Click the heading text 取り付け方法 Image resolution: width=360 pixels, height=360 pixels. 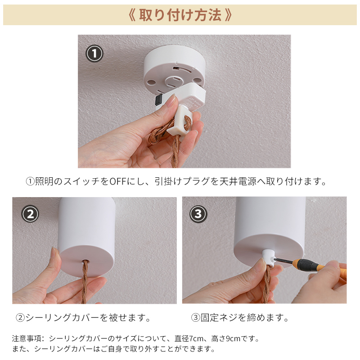pos(180,15)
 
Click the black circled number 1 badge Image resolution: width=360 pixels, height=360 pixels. pos(94,54)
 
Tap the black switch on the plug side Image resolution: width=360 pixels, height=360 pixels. pos(158,99)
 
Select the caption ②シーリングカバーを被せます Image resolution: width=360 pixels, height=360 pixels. pos(83,318)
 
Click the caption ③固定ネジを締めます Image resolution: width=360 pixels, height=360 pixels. pos(240,318)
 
